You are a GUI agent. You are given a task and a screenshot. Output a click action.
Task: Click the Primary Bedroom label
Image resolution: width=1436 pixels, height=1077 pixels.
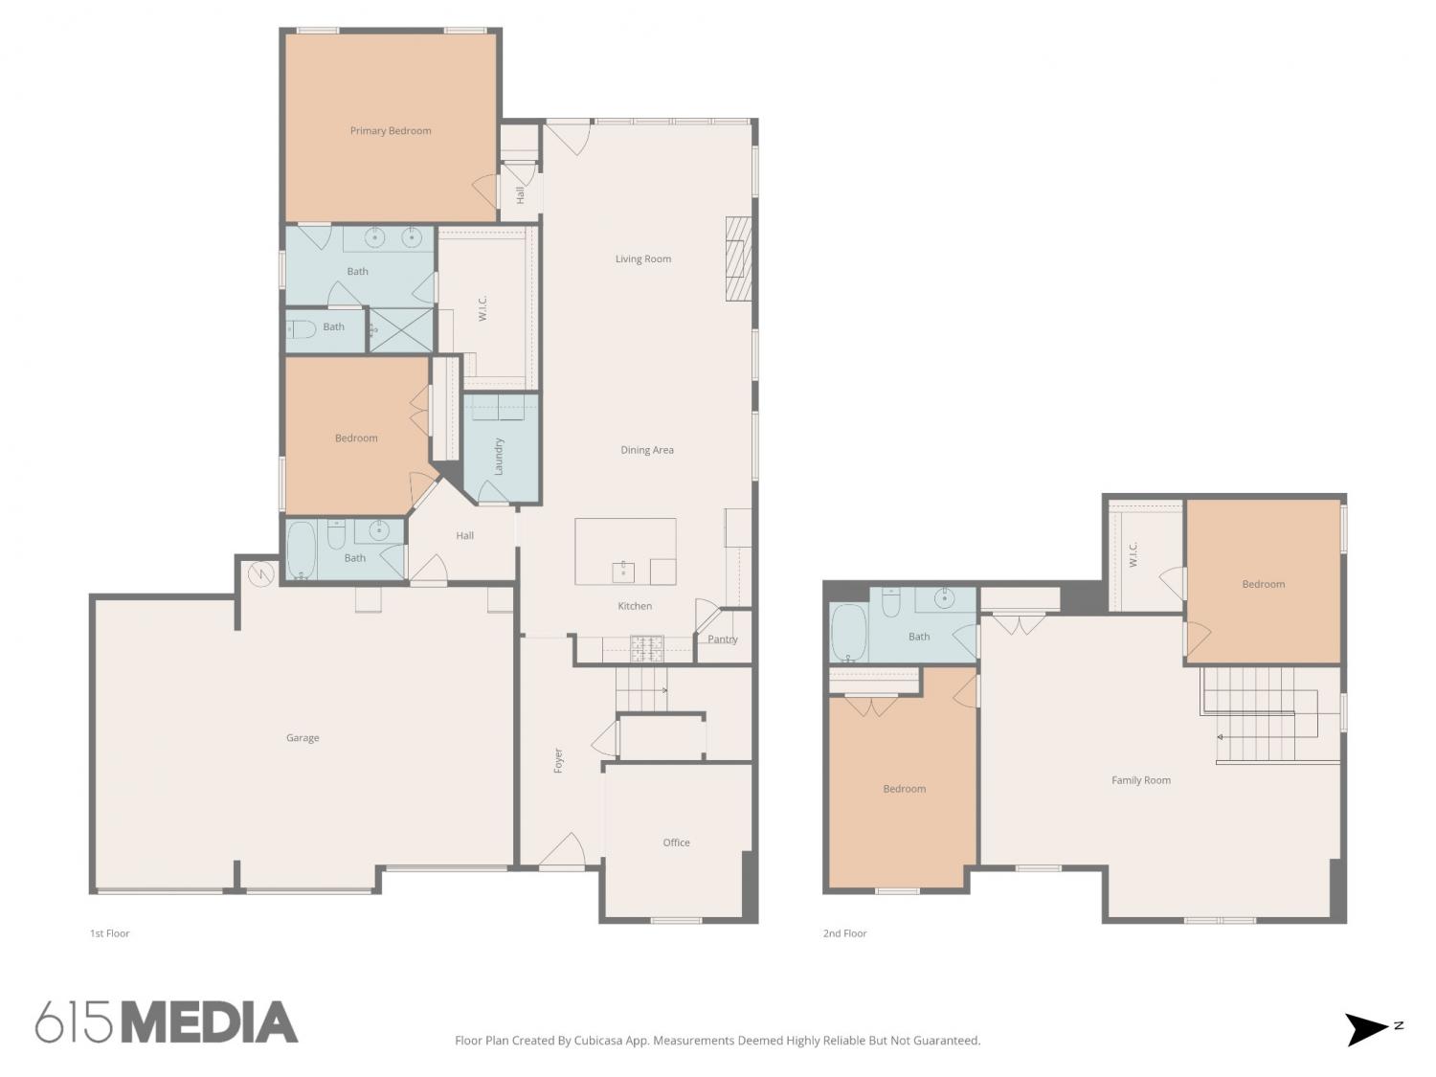(391, 131)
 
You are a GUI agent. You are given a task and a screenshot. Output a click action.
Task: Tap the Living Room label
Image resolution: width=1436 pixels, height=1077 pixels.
(643, 258)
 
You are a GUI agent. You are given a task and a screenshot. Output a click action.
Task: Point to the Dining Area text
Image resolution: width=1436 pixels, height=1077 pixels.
(647, 450)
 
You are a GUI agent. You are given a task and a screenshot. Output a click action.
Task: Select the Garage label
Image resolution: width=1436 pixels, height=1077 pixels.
(303, 737)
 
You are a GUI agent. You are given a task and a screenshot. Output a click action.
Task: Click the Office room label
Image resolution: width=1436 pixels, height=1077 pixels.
(676, 842)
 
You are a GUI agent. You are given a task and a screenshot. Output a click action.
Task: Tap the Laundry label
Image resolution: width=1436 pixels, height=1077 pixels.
(499, 457)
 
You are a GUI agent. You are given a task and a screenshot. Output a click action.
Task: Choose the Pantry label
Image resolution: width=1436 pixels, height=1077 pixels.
(722, 639)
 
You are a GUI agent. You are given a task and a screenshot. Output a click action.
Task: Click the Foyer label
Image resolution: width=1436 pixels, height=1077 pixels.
(558, 760)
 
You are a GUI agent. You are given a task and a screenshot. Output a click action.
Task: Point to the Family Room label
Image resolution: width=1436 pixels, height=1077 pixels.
(1141, 780)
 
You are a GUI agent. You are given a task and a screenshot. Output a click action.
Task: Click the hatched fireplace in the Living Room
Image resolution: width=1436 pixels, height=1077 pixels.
(738, 258)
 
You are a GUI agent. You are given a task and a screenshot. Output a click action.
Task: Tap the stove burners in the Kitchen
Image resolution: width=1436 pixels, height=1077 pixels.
(646, 648)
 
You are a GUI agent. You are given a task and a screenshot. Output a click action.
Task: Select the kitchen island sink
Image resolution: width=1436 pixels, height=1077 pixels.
(623, 572)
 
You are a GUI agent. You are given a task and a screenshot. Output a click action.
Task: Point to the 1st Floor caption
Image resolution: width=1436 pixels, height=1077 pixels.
(110, 933)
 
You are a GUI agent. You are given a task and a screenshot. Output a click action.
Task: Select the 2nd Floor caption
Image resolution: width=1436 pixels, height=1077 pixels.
(844, 933)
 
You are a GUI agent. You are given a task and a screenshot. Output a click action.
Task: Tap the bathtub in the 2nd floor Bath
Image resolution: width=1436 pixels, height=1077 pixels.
(848, 633)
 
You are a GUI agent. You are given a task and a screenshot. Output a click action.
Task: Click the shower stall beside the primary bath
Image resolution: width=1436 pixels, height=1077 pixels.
(402, 330)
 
